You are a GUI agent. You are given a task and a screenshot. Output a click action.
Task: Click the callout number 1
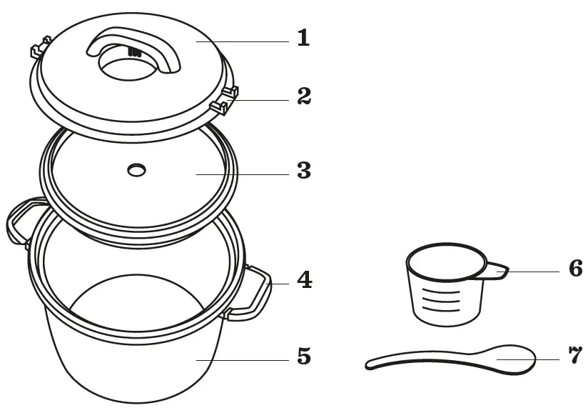point(303,38)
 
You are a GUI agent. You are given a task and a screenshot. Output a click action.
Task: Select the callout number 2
point(304,96)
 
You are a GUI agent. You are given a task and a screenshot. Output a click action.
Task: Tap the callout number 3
point(304,171)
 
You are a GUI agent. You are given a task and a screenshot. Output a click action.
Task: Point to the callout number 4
point(305,280)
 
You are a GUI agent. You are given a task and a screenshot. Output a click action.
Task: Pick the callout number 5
point(305,356)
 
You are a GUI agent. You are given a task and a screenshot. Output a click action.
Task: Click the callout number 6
point(576,269)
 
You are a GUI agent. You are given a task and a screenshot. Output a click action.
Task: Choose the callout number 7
point(576,356)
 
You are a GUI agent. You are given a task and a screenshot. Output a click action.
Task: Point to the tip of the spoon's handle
point(370,365)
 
